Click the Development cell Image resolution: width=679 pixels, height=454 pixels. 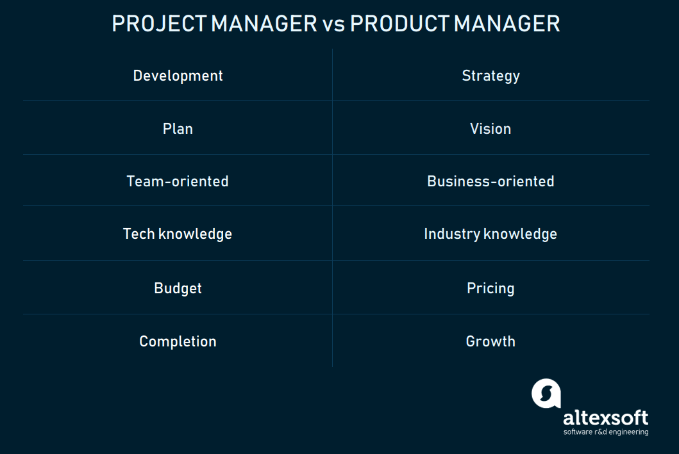(178, 76)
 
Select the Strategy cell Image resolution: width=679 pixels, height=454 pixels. (490, 76)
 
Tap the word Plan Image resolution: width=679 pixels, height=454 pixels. (178, 129)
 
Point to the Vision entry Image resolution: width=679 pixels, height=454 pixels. (490, 129)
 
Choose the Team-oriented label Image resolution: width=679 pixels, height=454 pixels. (178, 181)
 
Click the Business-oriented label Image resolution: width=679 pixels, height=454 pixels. (490, 181)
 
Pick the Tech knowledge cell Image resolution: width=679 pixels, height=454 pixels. (178, 234)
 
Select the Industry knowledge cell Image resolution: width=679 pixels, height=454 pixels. (490, 234)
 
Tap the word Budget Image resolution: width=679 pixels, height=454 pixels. (178, 288)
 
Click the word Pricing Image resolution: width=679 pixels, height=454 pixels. (490, 288)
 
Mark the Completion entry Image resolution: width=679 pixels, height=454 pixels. (178, 341)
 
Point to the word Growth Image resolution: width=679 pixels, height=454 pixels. (490, 341)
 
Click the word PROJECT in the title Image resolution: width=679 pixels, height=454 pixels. (159, 24)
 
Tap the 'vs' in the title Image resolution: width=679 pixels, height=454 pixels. (333, 24)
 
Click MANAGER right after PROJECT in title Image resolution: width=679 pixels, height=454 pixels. (264, 24)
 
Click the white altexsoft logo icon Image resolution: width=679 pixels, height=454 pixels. (546, 393)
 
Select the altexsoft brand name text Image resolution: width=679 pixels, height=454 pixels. (605, 418)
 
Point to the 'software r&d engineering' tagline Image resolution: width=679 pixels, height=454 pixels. (605, 432)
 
